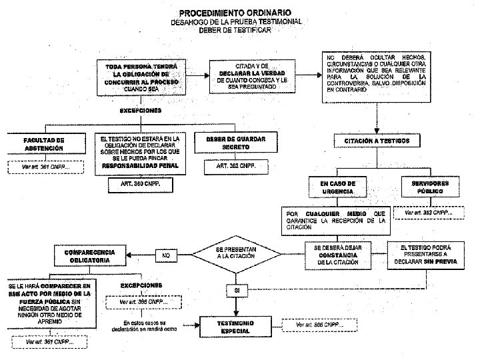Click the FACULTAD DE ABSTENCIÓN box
click(45, 144)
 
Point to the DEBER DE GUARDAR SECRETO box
click(227, 144)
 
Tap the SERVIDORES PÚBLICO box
click(429, 187)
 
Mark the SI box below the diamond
click(237, 291)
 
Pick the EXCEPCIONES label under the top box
click(140, 110)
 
